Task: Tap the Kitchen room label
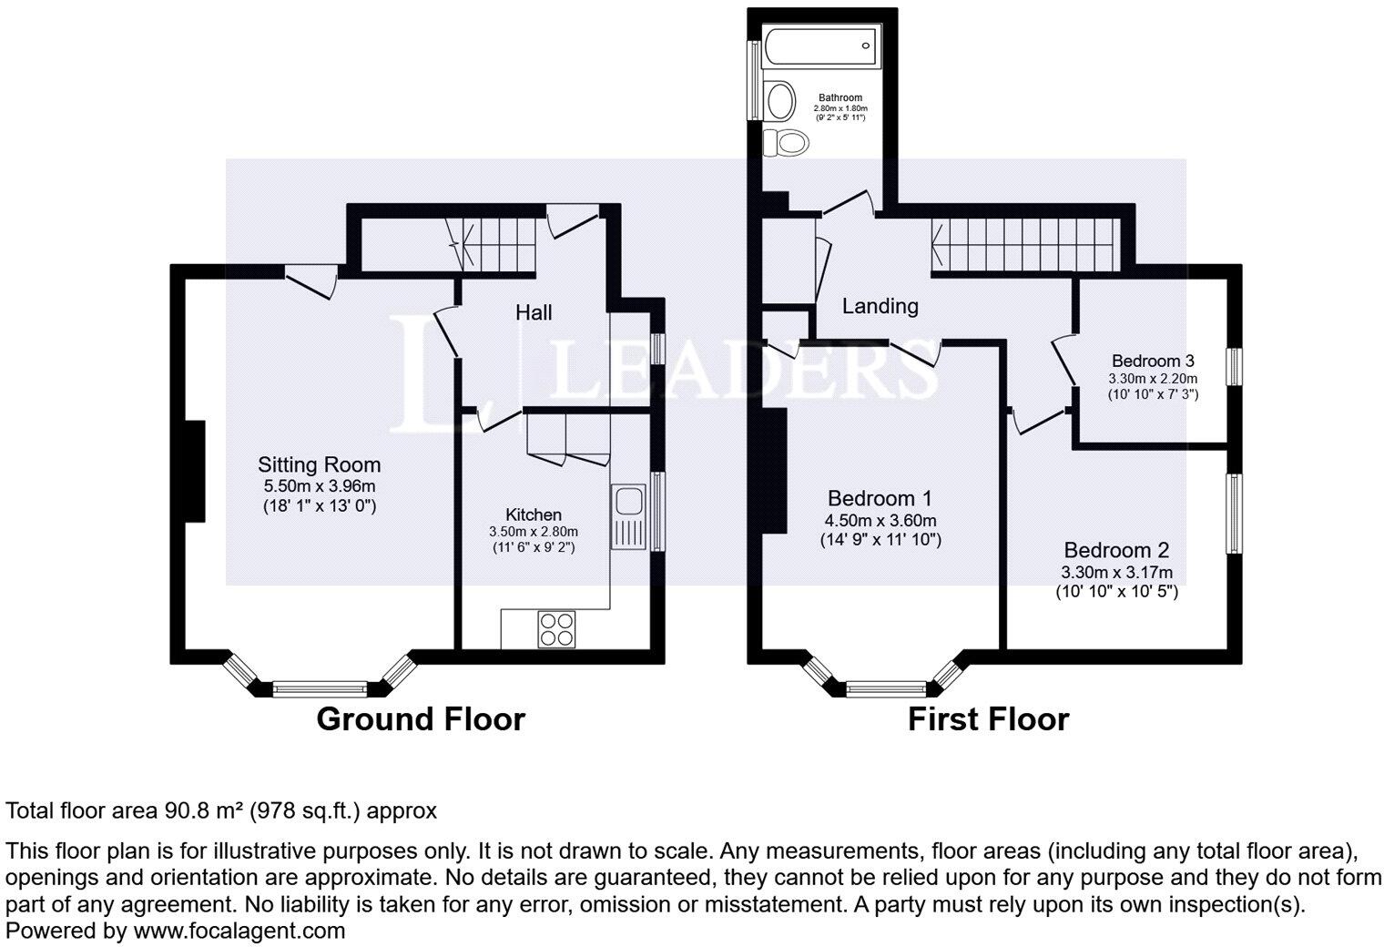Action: click(x=534, y=514)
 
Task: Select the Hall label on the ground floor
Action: click(x=534, y=313)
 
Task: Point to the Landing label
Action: click(x=880, y=306)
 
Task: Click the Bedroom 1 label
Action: click(x=880, y=499)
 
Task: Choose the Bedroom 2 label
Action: click(x=1116, y=551)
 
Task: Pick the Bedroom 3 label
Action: click(x=1153, y=361)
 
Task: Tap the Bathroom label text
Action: click(x=840, y=97)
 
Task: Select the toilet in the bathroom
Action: click(x=785, y=142)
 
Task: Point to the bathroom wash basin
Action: click(x=779, y=100)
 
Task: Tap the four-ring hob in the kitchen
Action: click(x=556, y=627)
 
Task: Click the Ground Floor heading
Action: click(x=421, y=719)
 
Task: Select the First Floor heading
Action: click(x=988, y=719)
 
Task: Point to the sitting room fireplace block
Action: click(x=195, y=471)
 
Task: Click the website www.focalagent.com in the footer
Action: click(x=239, y=931)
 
